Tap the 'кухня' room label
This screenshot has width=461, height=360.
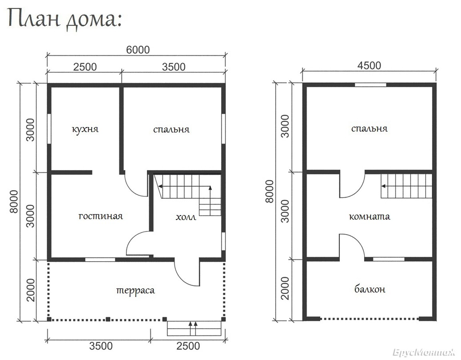coord(85,129)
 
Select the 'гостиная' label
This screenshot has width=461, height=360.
coord(100,216)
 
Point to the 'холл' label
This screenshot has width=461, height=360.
coord(186,217)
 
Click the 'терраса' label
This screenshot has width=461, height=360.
coord(136,290)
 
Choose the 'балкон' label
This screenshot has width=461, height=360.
coord(370,290)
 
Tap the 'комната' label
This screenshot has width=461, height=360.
coord(369,217)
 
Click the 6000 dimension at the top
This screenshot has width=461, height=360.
coord(138,50)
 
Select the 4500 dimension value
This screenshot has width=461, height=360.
coord(369,65)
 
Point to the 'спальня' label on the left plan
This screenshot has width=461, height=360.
coord(172,130)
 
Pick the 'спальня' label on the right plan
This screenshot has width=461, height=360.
coord(369,128)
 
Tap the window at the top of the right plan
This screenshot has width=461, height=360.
coord(371,85)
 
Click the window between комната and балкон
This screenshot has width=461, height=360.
coord(389,260)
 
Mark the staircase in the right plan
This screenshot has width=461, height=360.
coord(407,186)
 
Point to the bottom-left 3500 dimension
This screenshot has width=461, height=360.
coord(101,346)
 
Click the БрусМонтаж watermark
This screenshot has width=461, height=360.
coord(424,352)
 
